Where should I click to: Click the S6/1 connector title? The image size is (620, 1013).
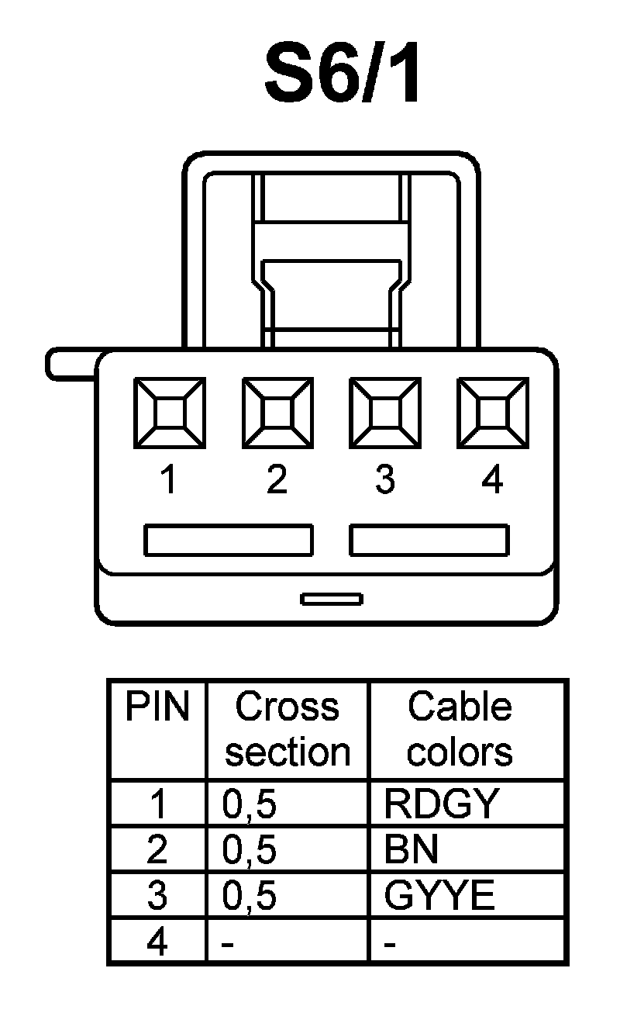343,74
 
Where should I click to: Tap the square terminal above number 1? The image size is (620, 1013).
170,413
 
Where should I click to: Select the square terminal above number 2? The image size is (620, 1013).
277,413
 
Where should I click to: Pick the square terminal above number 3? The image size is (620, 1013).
385,413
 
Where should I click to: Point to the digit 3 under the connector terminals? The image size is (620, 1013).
385,481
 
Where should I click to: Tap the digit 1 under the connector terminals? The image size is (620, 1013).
169,481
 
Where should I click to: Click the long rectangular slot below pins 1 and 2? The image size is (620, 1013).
229,541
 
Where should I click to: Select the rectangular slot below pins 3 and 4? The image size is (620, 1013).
429,541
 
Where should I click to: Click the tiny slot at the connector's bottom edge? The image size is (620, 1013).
332,599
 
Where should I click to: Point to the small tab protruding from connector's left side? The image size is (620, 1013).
72,365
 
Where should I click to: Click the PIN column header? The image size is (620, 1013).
157,707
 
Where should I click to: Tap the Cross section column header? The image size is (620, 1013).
288,729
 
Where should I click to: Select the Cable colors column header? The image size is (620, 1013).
460,729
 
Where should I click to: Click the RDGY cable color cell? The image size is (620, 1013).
439,804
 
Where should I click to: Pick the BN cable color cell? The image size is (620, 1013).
412,850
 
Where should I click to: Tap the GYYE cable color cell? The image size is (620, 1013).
439,896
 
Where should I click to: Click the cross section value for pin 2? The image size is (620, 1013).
250,851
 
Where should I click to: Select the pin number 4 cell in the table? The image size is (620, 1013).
157,942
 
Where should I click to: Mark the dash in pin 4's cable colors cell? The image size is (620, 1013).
391,944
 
